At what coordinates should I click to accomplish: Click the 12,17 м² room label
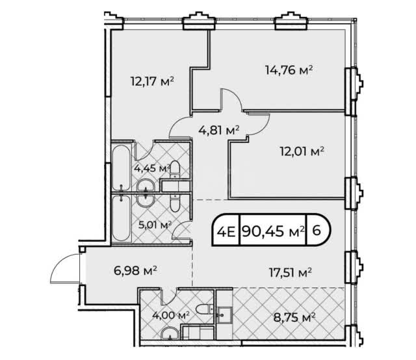tap(152, 81)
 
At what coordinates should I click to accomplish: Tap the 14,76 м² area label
tap(289, 70)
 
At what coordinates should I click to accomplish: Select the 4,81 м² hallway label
tap(219, 130)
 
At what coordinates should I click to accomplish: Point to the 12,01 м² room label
tap(302, 151)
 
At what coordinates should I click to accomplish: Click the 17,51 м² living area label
tap(291, 272)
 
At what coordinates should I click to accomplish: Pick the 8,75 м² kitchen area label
tap(294, 317)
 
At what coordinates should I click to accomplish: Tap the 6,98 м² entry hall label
tap(135, 270)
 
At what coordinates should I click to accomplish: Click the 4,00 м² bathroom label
tap(171, 315)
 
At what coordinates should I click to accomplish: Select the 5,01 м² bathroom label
tap(155, 225)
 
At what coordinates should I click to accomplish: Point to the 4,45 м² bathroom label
tap(152, 168)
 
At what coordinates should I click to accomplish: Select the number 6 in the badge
tap(317, 231)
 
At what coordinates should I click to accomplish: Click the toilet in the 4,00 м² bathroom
tap(205, 309)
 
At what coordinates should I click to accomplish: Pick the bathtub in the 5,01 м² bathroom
tap(122, 218)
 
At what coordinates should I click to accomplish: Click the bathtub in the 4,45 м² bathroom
tap(121, 168)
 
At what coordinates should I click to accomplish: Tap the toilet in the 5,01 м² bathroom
tap(175, 203)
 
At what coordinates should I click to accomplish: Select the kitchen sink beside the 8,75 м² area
tap(225, 315)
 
